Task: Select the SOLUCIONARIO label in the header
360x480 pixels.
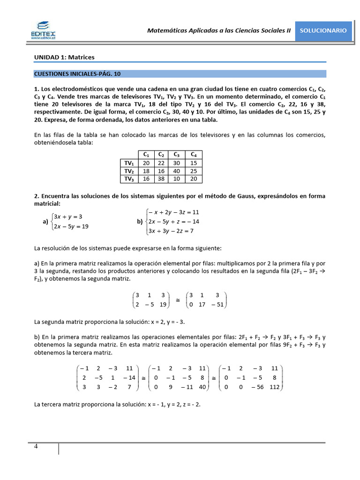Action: point(323,30)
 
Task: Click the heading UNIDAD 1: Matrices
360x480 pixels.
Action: point(64,57)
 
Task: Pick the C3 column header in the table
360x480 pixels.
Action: point(177,154)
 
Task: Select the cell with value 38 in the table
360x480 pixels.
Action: point(161,179)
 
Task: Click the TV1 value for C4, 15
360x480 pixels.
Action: point(194,163)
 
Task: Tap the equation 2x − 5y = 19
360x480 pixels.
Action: point(71,226)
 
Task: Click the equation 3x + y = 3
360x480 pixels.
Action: point(68,217)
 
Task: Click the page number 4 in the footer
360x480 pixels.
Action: point(36,446)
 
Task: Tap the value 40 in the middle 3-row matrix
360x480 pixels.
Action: point(202,387)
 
